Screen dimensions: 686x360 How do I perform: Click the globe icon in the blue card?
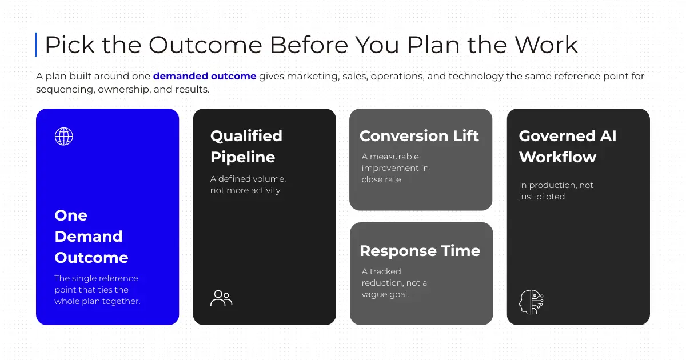coord(63,136)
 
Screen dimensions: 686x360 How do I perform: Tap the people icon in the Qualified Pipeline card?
coord(221,298)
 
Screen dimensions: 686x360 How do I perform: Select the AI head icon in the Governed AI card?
coord(531,302)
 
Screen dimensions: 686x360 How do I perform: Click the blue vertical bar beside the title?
coord(36,45)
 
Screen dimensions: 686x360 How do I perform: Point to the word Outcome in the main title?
coord(205,45)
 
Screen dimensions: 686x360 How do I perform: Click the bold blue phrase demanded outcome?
coord(205,76)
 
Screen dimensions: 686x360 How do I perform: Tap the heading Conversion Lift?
coord(419,136)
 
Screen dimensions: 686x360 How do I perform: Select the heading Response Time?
coord(420,251)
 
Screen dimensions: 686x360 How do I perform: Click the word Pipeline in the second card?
coord(242,157)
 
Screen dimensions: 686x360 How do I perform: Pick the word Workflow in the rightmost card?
coord(557,157)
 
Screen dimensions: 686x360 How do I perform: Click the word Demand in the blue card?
coord(89,237)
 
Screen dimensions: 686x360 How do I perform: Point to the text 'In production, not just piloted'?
coord(556,191)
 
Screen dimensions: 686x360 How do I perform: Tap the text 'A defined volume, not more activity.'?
coord(248,185)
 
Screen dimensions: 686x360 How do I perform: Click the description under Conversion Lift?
coord(395,168)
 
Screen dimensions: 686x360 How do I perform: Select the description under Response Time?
coord(394,283)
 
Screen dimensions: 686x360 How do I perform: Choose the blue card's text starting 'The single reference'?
coord(97,290)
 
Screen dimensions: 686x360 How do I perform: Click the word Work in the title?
coord(547,45)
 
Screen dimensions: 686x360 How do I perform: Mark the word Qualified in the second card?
coord(246,136)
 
